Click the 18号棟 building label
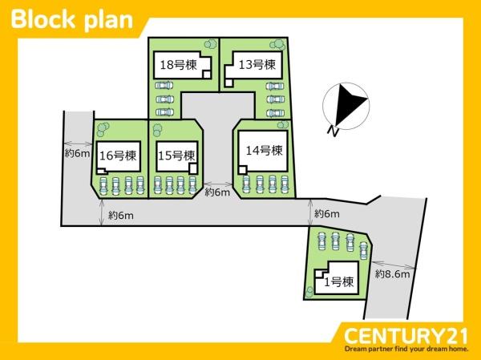pos(178,65)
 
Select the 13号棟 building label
pos(257,64)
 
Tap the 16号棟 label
pos(118,156)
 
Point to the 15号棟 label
pos(176,156)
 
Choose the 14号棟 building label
pos(264,151)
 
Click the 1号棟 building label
pos(339,281)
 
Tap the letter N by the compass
pos(333,131)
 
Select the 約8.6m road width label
pos(392,273)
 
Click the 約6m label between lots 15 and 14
pos(217,192)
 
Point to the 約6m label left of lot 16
pos(77,153)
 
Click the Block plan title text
pos(72,20)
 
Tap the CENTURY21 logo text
pos(406,335)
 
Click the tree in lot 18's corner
pos(210,44)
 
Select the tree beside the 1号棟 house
pos(309,291)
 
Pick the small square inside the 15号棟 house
pos(193,169)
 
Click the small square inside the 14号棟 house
pos(243,169)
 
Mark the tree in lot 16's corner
pos(102,129)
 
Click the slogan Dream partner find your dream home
pos(406,349)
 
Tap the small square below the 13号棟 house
pos(228,82)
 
